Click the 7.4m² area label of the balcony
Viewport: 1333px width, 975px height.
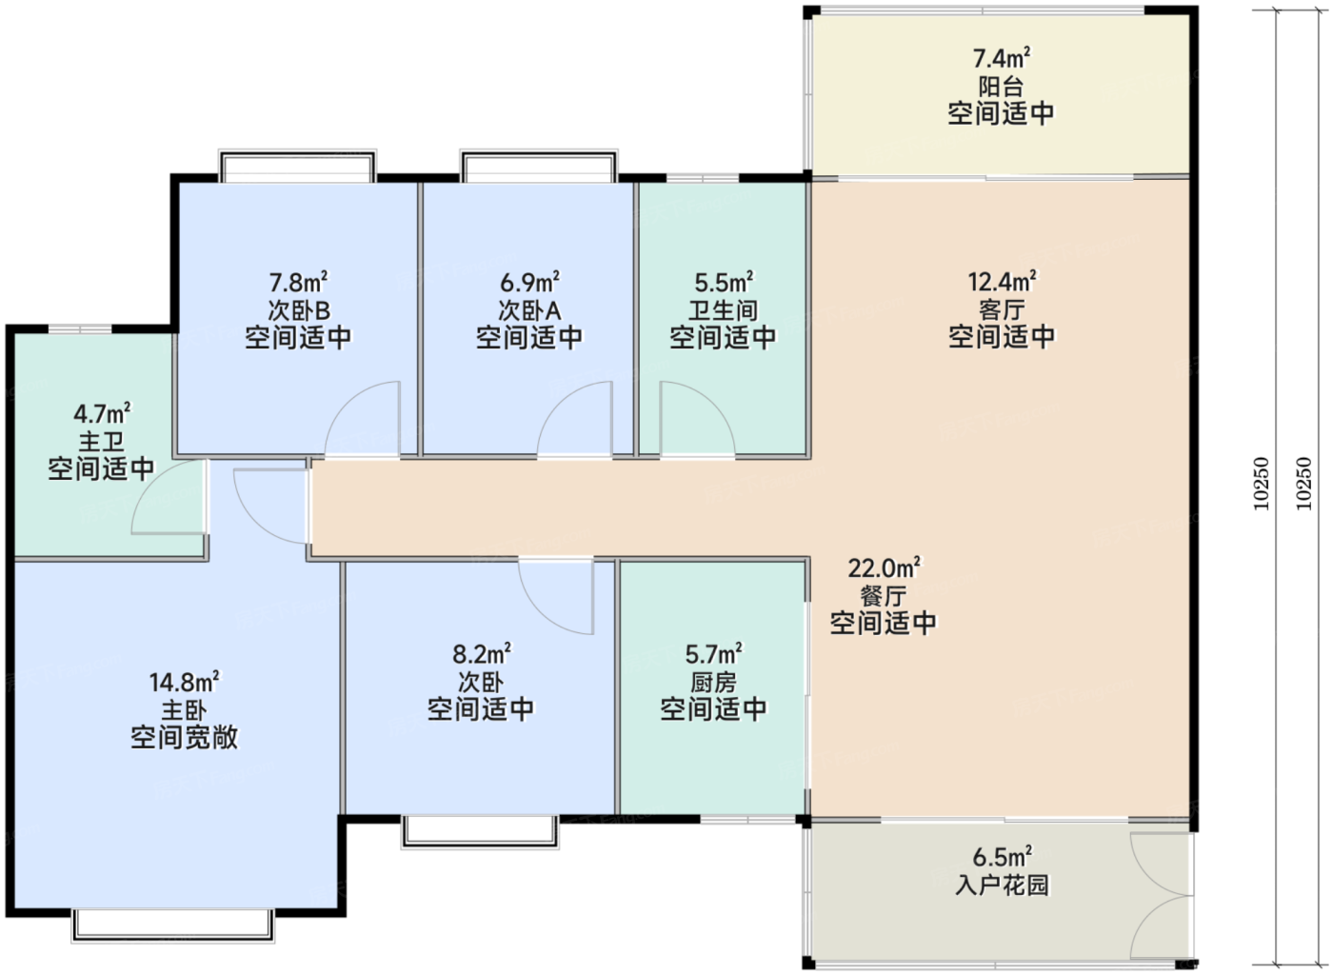point(1002,58)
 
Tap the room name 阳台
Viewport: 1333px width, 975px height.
point(1001,87)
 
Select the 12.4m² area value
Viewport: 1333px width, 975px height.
point(1002,282)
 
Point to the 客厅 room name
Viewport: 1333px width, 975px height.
point(1002,309)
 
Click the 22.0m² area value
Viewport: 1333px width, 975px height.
point(885,568)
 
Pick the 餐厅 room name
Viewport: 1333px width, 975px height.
point(884,596)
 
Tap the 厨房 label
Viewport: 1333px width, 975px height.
point(713,682)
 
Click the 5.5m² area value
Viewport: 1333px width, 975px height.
point(724,283)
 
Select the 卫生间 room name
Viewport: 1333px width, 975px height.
point(724,310)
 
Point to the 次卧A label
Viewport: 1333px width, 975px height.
point(529,310)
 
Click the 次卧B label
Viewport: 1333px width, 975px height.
point(299,310)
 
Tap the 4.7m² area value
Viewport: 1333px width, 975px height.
point(103,413)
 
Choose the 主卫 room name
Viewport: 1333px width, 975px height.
point(102,441)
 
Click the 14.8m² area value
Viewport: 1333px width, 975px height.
point(185,682)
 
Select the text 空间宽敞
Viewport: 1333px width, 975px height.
point(185,738)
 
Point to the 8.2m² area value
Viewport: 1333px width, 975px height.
point(482,654)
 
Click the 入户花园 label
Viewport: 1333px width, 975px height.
point(1002,885)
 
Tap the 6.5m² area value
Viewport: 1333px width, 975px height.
point(1002,857)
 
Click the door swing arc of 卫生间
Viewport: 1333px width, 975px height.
point(712,400)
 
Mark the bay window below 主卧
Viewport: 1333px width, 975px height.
point(173,925)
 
